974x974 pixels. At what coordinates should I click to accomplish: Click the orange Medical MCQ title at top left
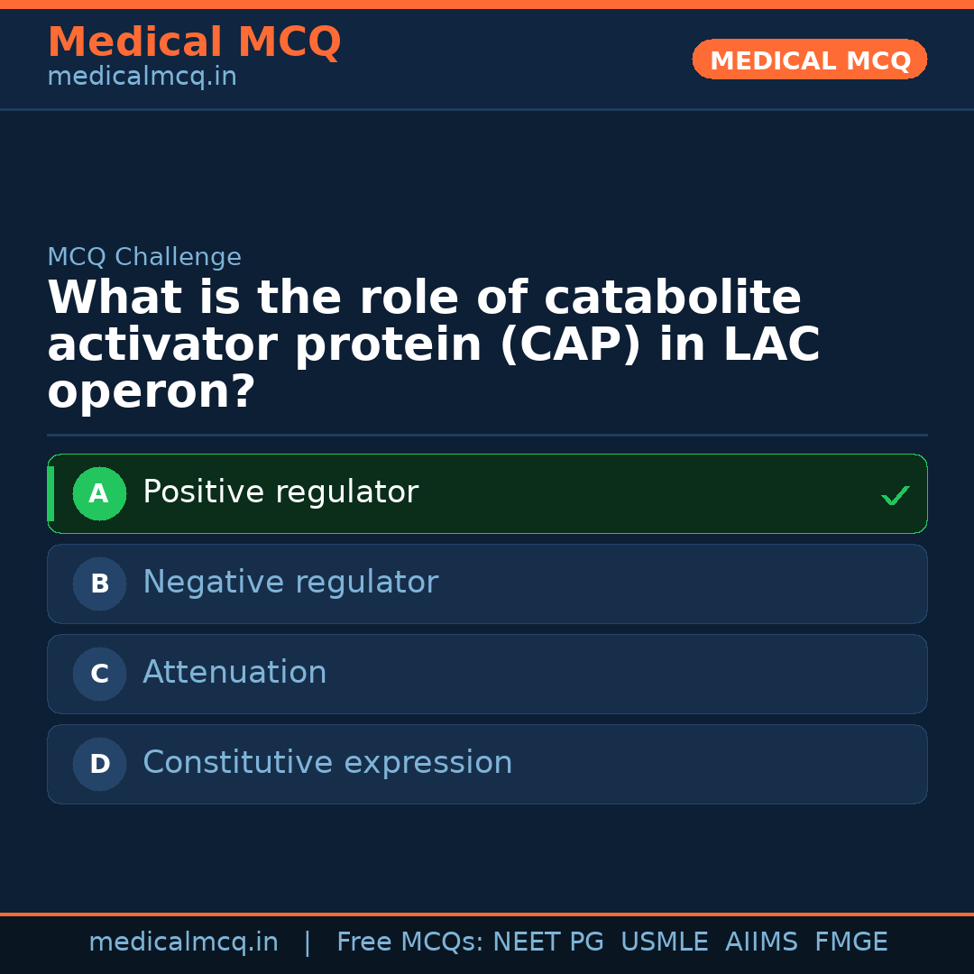[194, 42]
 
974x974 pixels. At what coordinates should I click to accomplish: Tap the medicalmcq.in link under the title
[142, 77]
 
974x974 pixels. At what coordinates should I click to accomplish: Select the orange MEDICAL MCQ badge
[810, 60]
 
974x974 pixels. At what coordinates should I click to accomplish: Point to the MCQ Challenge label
[144, 257]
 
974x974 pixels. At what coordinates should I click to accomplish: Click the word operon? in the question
[152, 392]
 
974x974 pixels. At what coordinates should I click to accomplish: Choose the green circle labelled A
[99, 493]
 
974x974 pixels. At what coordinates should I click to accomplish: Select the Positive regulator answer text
[280, 492]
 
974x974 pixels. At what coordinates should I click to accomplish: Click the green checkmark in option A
[895, 495]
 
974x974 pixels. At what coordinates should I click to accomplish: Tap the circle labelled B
[99, 583]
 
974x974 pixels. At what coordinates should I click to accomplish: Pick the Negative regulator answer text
[290, 583]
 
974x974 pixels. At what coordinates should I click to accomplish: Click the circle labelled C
[99, 674]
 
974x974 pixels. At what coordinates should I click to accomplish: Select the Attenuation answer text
[234, 673]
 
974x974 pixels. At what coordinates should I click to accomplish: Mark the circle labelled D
[99, 764]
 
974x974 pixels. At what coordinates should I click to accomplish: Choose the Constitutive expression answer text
[327, 763]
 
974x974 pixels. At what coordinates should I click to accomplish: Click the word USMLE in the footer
[664, 942]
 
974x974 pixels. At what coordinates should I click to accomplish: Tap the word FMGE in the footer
[850, 942]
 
